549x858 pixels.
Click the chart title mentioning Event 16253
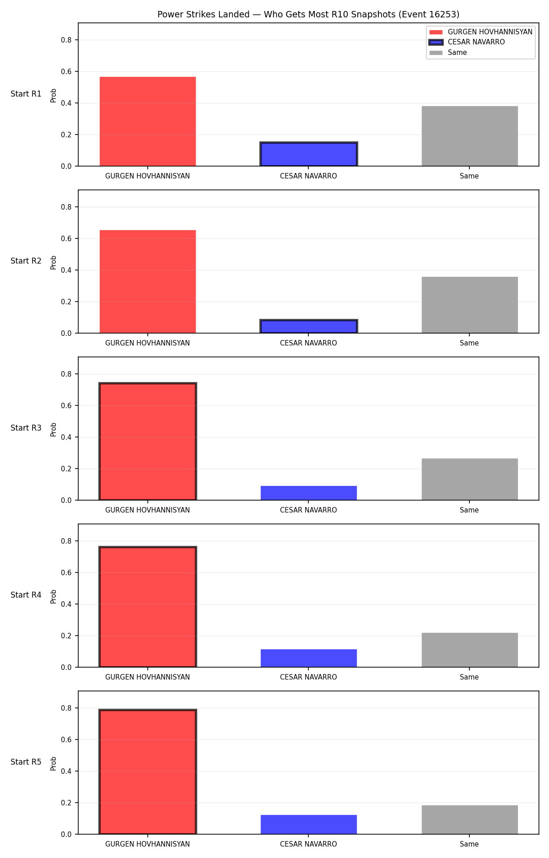coord(308,15)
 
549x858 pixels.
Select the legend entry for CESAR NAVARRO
coord(467,42)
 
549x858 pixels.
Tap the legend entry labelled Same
coord(448,53)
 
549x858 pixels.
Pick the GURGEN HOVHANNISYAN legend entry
coord(481,32)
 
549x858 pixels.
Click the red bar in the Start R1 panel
coord(148,121)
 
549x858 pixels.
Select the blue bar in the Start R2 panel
coord(309,326)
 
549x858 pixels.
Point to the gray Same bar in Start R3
coord(470,479)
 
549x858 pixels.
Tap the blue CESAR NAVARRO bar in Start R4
coord(309,658)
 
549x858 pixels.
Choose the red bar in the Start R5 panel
coord(148,772)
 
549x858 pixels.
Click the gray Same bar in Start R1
coord(470,136)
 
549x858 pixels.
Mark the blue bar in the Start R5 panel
coord(309,825)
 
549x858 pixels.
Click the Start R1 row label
coord(26,94)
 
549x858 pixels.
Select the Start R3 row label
coord(26,428)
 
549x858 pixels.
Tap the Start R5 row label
coord(26,762)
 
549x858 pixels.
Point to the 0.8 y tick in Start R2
coord(66,207)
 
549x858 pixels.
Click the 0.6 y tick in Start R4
coord(66,573)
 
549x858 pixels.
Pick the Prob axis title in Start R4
coord(54,596)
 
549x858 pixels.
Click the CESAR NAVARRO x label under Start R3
coord(308,510)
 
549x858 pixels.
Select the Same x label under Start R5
coord(469,844)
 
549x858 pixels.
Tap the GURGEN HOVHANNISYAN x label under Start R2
coord(147,343)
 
